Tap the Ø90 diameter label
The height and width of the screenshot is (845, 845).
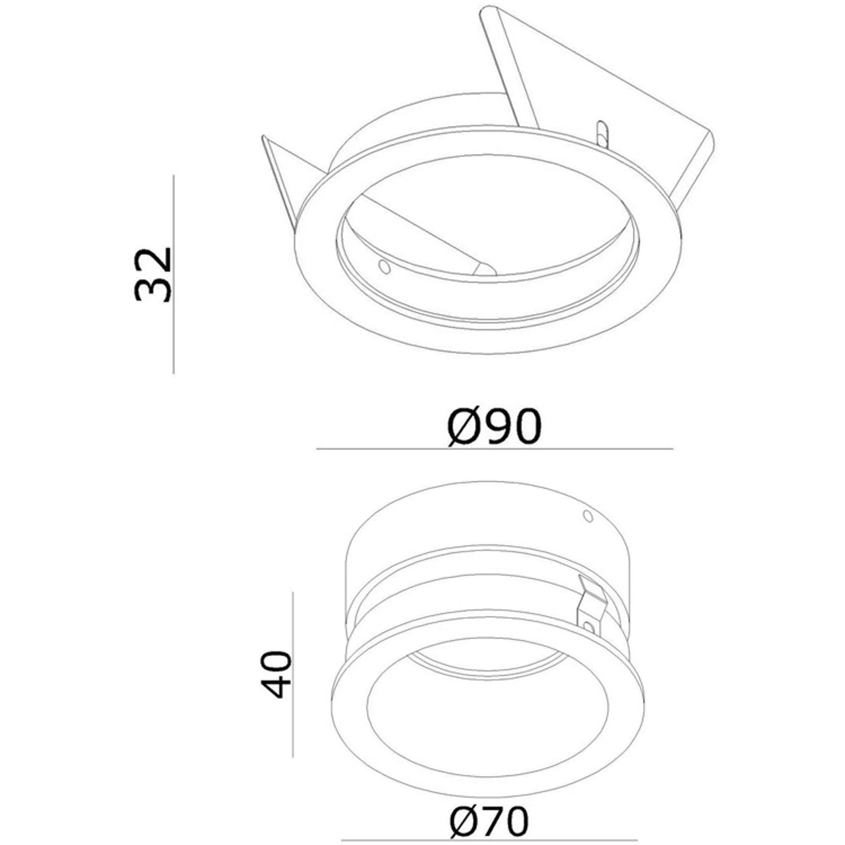[494, 426]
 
